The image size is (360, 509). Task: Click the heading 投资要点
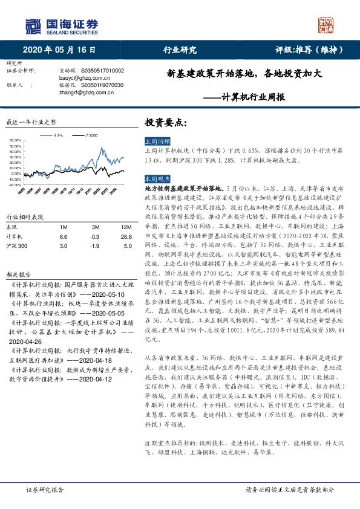(166, 122)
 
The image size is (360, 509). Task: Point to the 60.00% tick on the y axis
(15, 140)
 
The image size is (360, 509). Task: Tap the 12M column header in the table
(126, 226)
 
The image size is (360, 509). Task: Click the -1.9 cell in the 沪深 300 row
(94, 246)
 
